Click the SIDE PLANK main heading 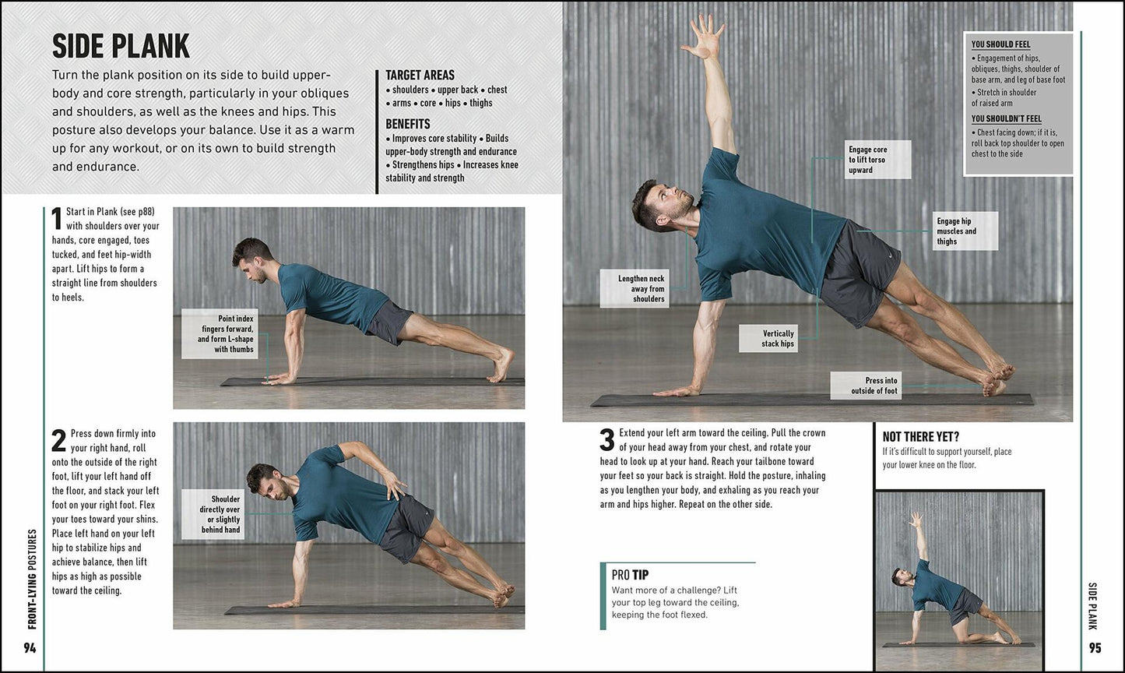pos(121,47)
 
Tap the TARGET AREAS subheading pos(420,76)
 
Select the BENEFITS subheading pos(408,124)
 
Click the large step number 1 pos(57,218)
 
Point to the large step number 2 pos(58,441)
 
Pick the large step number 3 pos(607,440)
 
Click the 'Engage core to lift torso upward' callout pos(878,160)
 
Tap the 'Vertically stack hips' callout pos(777,339)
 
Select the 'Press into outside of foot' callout pos(866,386)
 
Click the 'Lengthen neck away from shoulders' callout pos(635,288)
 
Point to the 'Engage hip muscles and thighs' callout pos(965,231)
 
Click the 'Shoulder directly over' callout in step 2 pos(212,514)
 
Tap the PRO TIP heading pos(630,575)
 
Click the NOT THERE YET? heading pos(920,437)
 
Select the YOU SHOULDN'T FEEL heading pos(1006,119)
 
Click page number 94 pos(30,648)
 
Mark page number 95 pos(1095,648)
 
